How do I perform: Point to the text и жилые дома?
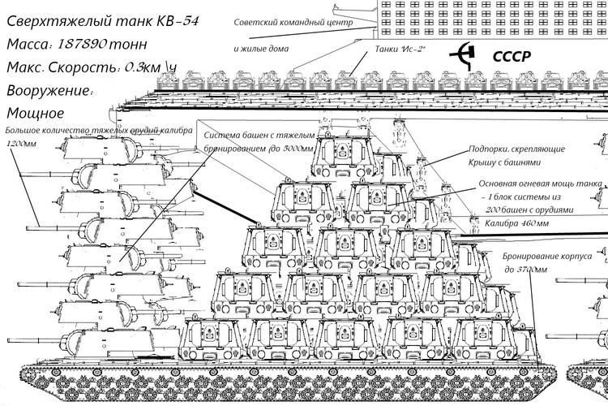pos(262,49)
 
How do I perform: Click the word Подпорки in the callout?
pos(490,150)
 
